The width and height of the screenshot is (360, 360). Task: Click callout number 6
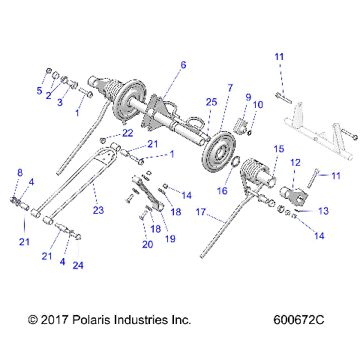point(181,65)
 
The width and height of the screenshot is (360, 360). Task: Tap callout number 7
point(230,88)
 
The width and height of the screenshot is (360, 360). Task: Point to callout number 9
point(247,97)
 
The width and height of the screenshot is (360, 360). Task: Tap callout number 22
point(127,133)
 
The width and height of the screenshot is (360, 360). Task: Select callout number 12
point(295,162)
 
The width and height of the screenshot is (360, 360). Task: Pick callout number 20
point(147,244)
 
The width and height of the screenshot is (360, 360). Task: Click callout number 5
point(41,91)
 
